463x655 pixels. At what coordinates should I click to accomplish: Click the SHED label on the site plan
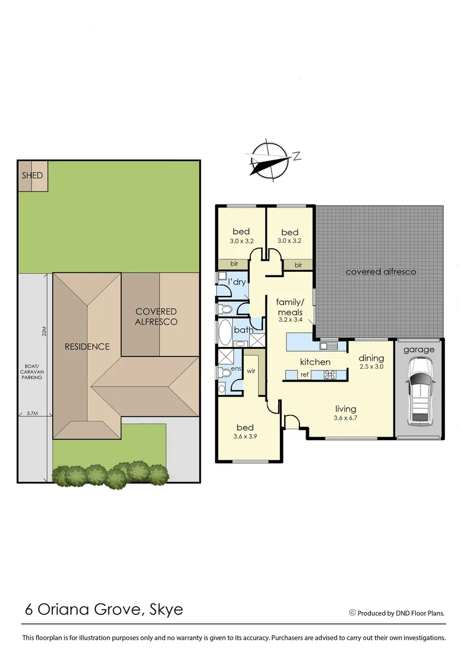tap(32, 176)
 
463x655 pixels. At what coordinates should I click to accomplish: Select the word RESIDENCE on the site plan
tap(87, 347)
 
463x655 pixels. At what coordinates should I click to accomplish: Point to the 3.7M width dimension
tap(32, 414)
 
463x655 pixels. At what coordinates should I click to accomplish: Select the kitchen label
tap(315, 362)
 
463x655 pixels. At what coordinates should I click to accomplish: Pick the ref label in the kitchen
tap(305, 375)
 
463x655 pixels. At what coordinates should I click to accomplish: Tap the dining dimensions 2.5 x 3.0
tap(371, 367)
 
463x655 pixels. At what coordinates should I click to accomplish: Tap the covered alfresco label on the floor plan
tap(381, 272)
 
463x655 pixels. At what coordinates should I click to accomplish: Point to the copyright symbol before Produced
tap(352, 613)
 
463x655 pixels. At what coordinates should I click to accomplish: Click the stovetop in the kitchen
tap(332, 375)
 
